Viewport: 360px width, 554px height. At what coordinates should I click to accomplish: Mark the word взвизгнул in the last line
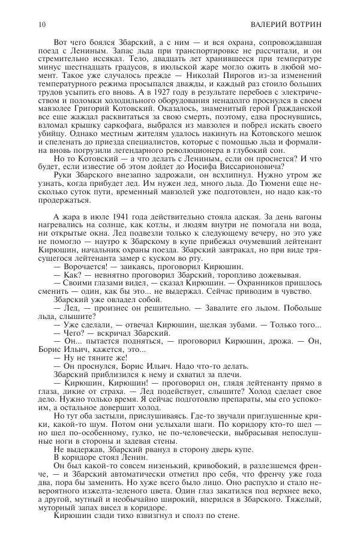pos(142,514)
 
